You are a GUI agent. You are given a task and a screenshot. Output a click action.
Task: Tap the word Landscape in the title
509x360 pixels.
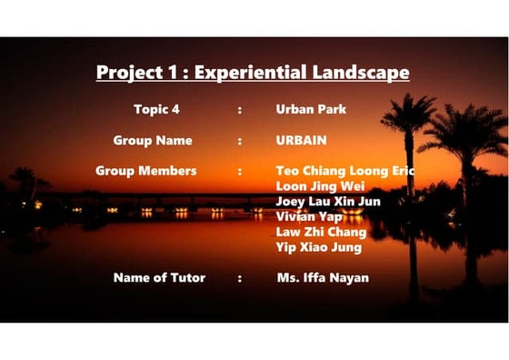(x=361, y=73)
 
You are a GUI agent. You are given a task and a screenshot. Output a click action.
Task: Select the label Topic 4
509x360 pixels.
(x=156, y=109)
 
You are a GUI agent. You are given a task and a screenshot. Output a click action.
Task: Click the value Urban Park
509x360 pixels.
(x=311, y=109)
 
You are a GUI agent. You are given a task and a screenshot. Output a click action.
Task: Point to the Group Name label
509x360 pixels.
(x=153, y=141)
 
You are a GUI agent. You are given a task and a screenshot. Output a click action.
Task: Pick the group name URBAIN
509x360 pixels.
(x=301, y=141)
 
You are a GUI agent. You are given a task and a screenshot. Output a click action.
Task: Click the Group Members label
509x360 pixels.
(x=145, y=171)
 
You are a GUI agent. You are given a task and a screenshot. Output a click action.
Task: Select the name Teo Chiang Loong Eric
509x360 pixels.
(x=344, y=171)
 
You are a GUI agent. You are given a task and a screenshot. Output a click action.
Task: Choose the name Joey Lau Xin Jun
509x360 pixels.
(x=327, y=201)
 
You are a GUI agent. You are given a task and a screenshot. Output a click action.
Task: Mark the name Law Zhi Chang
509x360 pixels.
(x=321, y=232)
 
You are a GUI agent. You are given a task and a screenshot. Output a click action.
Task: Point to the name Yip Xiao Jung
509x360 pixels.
(x=318, y=247)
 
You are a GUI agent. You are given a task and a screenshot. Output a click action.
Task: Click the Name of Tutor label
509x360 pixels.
(x=159, y=277)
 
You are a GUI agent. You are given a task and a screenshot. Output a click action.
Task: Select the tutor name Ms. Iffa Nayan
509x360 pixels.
(x=323, y=277)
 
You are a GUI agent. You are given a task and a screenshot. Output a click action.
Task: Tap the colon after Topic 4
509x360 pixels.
(x=240, y=110)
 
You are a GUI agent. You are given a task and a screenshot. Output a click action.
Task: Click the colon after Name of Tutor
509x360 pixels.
(x=240, y=278)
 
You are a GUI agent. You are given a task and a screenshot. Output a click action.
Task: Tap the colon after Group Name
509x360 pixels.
(x=240, y=142)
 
